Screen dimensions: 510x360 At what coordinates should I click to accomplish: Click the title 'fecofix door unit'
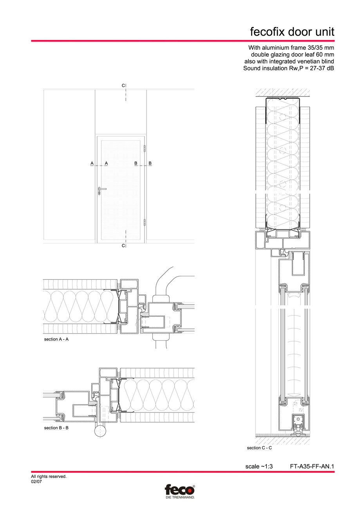292,32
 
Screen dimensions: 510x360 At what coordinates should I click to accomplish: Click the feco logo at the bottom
179,490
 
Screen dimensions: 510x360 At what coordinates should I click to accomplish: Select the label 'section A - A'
56,339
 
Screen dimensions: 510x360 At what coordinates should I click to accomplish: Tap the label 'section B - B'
56,428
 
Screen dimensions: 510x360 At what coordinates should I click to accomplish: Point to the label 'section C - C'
259,448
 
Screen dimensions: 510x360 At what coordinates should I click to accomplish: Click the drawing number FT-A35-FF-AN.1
312,466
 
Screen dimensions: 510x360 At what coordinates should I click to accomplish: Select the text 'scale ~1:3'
259,466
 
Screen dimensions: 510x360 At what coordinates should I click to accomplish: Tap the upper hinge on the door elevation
145,149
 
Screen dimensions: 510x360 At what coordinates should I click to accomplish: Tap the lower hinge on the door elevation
145,222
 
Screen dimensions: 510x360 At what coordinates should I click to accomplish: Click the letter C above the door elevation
123,85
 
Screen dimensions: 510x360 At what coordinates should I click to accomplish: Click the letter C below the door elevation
123,245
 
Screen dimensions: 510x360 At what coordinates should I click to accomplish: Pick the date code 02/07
36,481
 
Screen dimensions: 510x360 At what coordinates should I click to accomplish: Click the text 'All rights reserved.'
49,477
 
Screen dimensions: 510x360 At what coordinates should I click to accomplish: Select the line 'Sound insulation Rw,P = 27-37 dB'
289,69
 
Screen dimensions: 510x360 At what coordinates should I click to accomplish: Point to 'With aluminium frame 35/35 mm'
291,47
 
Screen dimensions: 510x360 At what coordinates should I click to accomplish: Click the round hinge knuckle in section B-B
100,432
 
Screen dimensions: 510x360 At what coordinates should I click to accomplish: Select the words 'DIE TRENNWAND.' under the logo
179,497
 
